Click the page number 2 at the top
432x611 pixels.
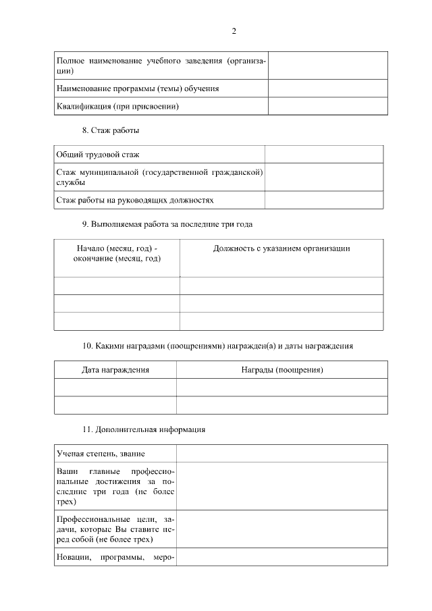click(x=234, y=31)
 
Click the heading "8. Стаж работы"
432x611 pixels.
click(x=111, y=130)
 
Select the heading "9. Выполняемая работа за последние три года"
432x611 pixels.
click(x=167, y=224)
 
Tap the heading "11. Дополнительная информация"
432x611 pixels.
click(x=144, y=429)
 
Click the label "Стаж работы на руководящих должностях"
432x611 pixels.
click(x=135, y=201)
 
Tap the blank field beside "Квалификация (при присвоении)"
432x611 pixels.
click(x=327, y=107)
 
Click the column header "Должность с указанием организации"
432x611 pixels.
click(x=281, y=248)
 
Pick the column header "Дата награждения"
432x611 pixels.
click(x=115, y=370)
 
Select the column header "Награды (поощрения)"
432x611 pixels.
click(x=281, y=370)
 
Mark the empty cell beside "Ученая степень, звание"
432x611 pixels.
click(x=281, y=453)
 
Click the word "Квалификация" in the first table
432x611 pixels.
click(x=83, y=107)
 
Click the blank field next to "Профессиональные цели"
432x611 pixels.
click(x=281, y=529)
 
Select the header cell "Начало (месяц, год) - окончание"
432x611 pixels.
click(x=117, y=253)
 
